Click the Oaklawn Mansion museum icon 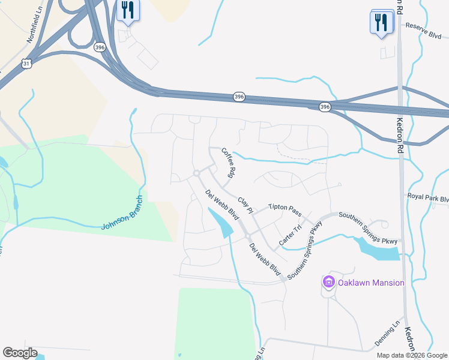click(328, 281)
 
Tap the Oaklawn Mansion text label click(370, 283)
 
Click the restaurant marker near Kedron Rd click(381, 23)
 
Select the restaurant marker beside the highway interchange click(128, 10)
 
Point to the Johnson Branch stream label click(122, 213)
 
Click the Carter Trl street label click(290, 236)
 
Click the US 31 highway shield click(25, 63)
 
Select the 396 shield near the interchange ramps click(100, 46)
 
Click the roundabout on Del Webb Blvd click(196, 173)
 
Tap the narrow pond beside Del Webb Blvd click(220, 223)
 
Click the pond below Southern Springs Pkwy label click(377, 248)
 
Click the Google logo click(20, 353)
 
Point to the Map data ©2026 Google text click(411, 355)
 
